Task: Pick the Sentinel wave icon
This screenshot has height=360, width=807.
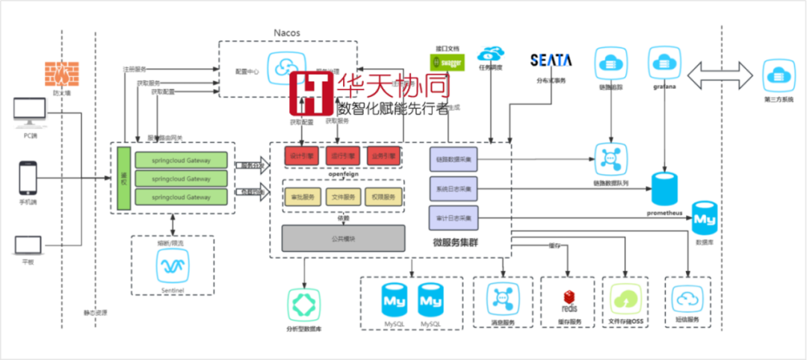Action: pos(172,264)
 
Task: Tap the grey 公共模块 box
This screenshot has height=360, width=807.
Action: pos(343,238)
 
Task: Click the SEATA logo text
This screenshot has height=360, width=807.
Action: pos(551,60)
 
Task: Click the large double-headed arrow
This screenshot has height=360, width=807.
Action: pos(720,76)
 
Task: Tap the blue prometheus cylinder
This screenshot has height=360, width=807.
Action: pos(668,190)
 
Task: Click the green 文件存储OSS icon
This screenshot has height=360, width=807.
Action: pos(625,300)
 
